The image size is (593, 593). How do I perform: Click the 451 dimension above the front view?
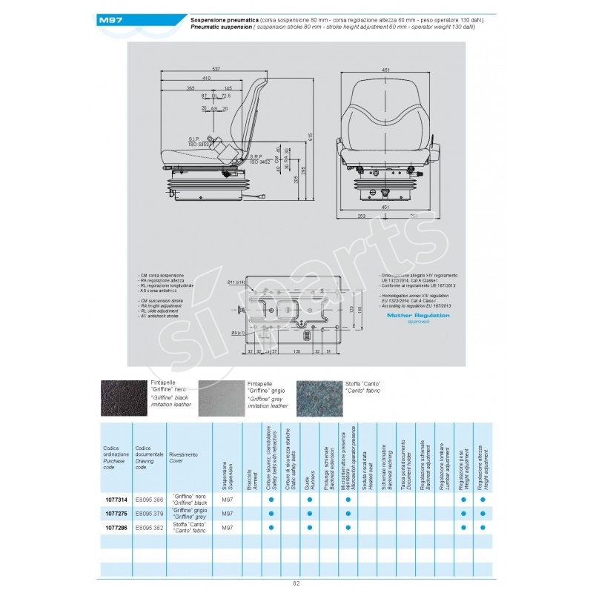385,70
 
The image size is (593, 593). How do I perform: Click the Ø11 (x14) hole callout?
235,282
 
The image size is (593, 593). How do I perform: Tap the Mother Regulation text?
418,315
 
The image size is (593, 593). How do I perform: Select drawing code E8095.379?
149,513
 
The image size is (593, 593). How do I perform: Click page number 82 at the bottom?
296,583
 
